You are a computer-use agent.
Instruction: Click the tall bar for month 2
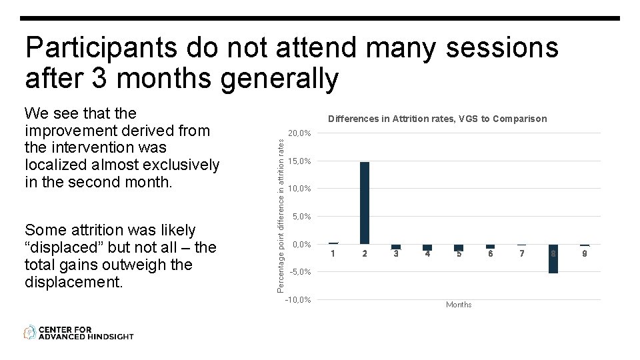click(364, 203)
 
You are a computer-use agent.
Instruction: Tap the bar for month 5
click(459, 247)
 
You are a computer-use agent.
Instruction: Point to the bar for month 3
click(396, 247)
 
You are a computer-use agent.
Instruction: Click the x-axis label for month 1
click(333, 254)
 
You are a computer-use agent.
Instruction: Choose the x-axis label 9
click(585, 254)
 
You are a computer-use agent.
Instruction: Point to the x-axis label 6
click(490, 254)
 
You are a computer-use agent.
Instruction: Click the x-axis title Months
click(459, 305)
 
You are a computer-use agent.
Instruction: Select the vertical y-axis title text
click(281, 211)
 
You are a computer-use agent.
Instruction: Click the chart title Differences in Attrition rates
click(437, 119)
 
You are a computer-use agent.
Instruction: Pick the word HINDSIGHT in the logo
click(111, 337)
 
